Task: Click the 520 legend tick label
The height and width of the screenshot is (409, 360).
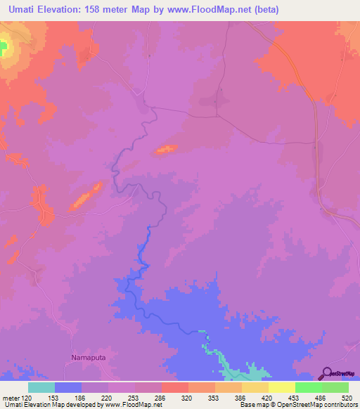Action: point(347,397)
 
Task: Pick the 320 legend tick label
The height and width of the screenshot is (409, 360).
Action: point(188,397)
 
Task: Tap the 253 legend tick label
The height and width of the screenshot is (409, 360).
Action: point(134,397)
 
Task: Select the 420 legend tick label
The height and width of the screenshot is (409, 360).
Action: point(267,397)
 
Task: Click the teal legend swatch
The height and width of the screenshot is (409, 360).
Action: point(41,387)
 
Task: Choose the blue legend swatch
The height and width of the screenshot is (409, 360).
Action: point(68,387)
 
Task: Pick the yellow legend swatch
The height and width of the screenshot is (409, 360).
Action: point(282,387)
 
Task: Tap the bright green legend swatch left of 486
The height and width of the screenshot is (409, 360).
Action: point(309,387)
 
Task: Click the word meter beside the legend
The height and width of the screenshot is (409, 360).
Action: point(11,397)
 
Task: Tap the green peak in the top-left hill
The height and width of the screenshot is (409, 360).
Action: point(3,48)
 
